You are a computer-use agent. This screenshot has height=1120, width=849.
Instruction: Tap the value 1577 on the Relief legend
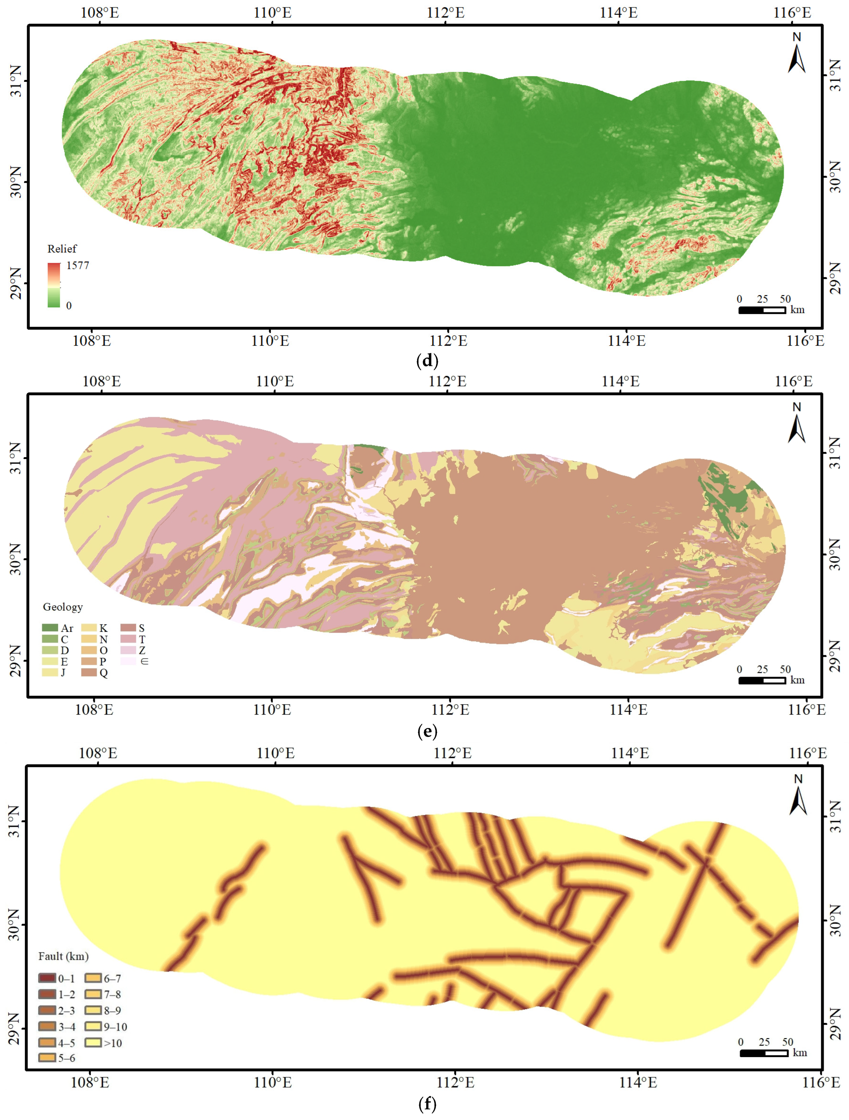pyautogui.click(x=77, y=265)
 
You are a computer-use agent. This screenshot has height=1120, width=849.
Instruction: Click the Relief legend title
pyautogui.click(x=62, y=249)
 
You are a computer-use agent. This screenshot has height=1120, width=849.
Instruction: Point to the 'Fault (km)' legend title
pyautogui.click(x=63, y=956)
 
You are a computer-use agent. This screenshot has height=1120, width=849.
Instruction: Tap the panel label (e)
pyautogui.click(x=427, y=731)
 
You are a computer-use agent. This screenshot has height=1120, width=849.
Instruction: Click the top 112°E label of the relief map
pyautogui.click(x=446, y=13)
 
